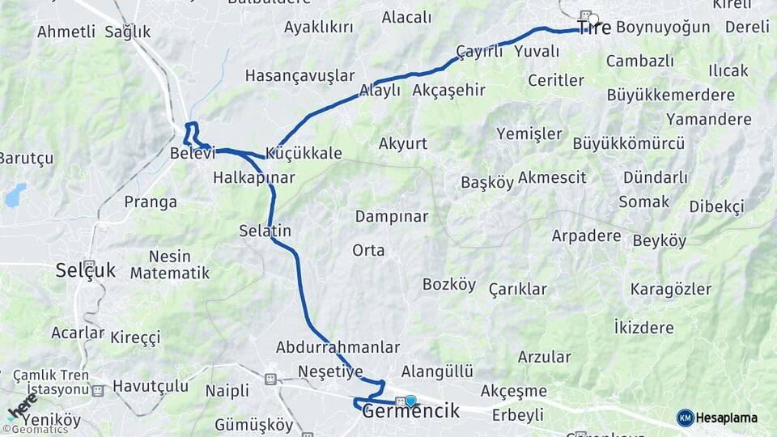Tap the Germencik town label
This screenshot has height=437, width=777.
tap(411, 411)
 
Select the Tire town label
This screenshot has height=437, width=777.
tap(594, 28)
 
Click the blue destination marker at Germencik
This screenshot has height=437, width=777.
tap(410, 401)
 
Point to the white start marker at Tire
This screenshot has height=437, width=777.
tap(593, 19)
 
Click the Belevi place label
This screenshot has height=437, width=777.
tap(192, 153)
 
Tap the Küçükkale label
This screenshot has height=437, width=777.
tap(304, 153)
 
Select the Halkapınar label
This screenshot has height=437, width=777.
tap(253, 177)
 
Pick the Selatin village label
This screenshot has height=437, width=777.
tap(265, 231)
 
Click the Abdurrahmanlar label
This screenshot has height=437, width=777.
tap(338, 347)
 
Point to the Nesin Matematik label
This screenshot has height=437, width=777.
tap(170, 265)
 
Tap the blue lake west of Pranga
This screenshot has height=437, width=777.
tap(15, 194)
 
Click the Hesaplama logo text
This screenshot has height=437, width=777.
tap(727, 418)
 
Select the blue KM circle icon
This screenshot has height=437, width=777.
tap(685, 418)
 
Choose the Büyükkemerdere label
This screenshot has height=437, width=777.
tap(670, 95)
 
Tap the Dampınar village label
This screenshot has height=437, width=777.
tap(392, 217)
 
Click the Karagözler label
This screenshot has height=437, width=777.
tap(671, 289)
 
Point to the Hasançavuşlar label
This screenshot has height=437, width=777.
tap(299, 75)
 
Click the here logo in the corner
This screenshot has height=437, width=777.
tap(23, 411)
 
